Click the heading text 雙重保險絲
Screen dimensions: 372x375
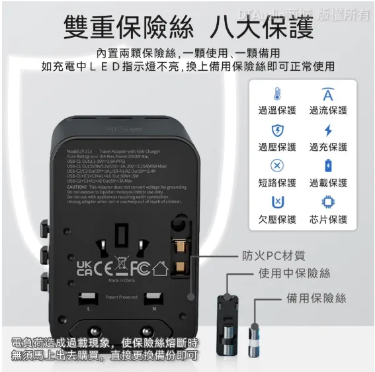click(129, 28)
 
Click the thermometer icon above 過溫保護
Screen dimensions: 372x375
click(276, 94)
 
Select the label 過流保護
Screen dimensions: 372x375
click(328, 111)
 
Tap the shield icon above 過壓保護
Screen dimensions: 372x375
click(276, 130)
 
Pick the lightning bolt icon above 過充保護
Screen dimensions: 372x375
click(328, 130)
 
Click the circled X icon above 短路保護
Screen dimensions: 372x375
click(276, 165)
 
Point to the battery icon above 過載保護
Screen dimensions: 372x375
click(328, 165)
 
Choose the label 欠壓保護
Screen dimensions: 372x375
click(276, 219)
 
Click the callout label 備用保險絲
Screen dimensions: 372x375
click(316, 299)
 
